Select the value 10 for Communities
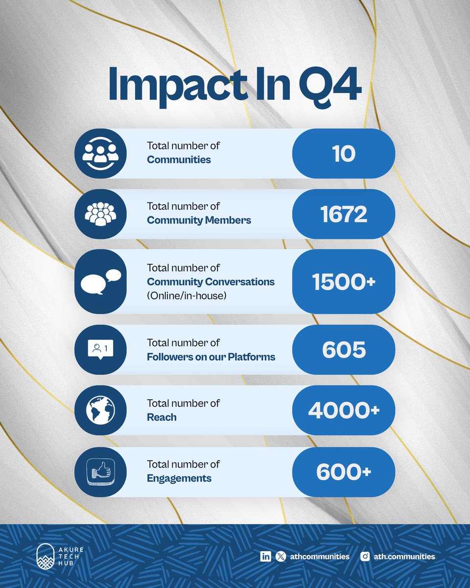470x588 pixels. coord(343,153)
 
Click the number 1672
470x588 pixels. coord(344,214)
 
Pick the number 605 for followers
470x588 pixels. coord(344,349)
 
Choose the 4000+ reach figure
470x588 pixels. coord(344,410)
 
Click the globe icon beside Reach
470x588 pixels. coord(100,410)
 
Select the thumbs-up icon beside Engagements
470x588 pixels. coord(100,471)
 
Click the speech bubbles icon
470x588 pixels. coord(100,281)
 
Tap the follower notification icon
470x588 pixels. coord(100,349)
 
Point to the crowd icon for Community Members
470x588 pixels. coord(100,214)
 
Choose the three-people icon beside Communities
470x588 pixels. coord(100,153)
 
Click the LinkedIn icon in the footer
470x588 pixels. coord(266,556)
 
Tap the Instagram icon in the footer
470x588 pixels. coord(365,556)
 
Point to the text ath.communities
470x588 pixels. coord(404,556)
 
